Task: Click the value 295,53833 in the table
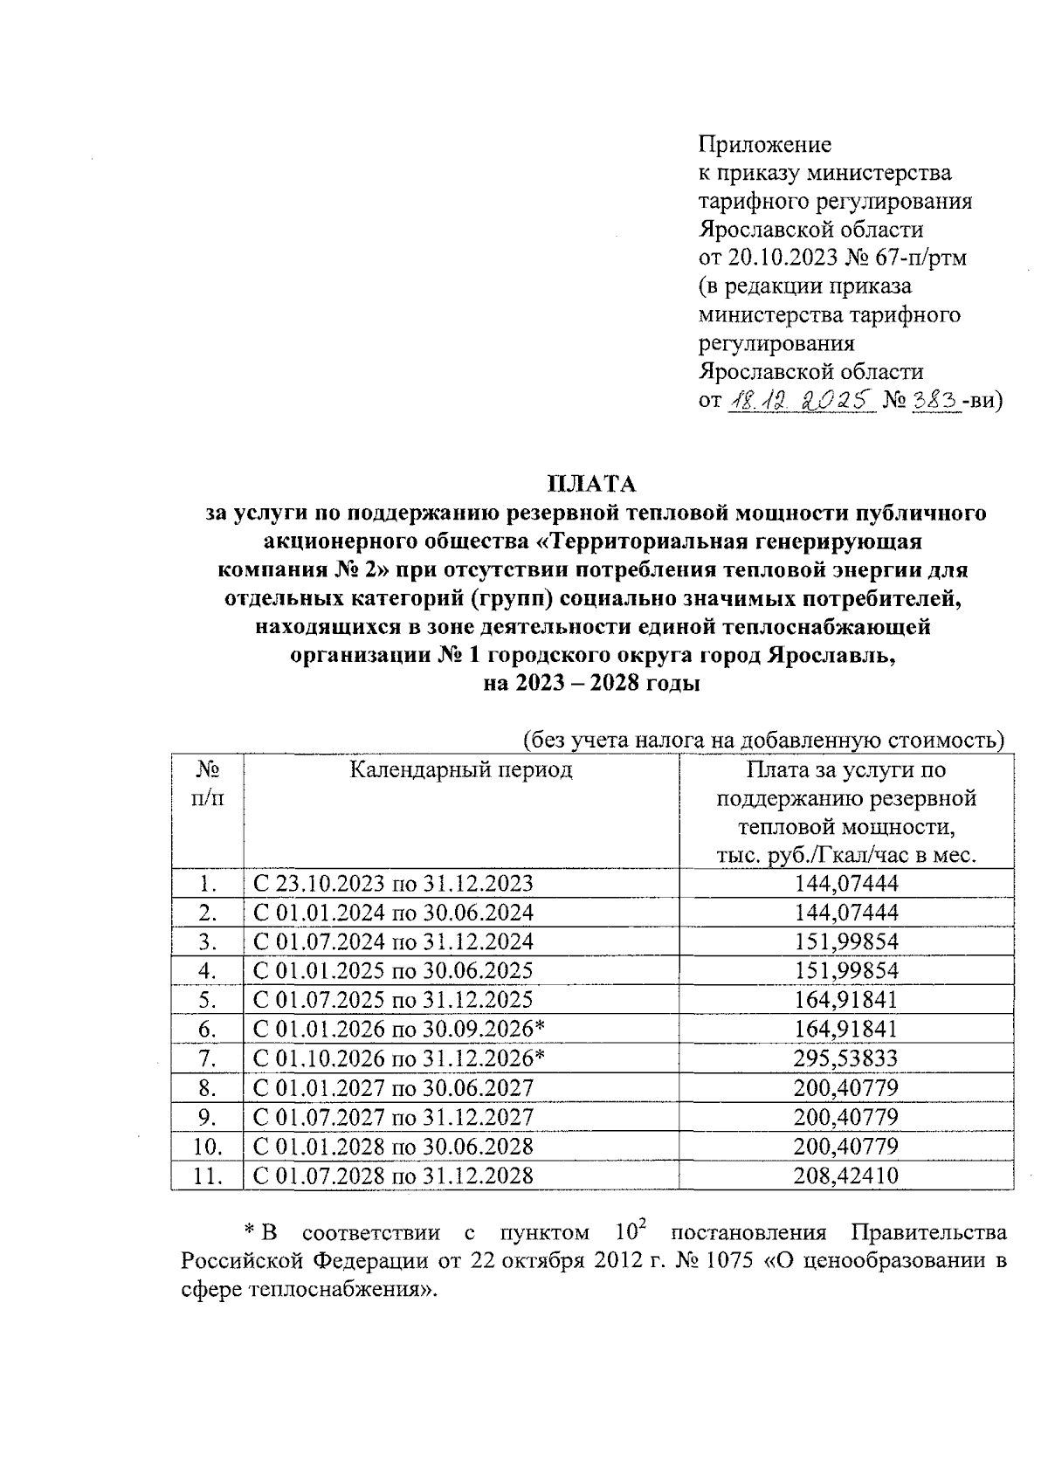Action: [x=845, y=1058]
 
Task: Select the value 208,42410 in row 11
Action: [x=845, y=1175]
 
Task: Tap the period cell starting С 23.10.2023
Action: [x=392, y=883]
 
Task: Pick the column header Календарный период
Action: [x=461, y=769]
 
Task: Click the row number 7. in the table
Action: [x=207, y=1058]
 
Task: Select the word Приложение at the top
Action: [x=765, y=144]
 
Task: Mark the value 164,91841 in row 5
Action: [x=845, y=1000]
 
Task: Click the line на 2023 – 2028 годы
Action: [x=591, y=685]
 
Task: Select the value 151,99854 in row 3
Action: [x=845, y=941]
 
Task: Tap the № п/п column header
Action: [x=207, y=783]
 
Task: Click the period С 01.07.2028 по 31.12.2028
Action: [x=392, y=1175]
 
